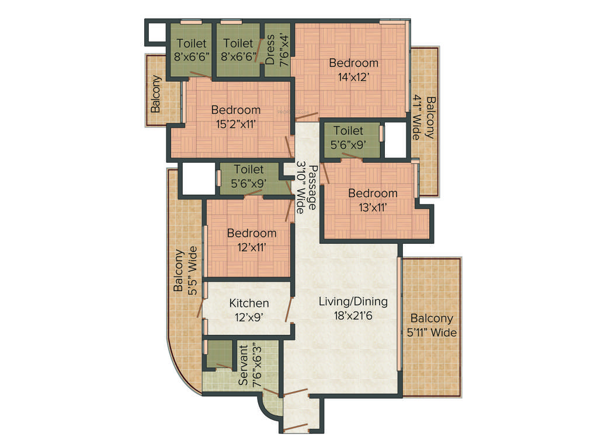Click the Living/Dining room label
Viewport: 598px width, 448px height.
point(353,302)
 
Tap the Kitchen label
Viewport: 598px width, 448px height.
point(249,303)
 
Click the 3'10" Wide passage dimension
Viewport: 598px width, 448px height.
point(301,188)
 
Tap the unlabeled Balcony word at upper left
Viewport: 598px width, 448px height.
point(156,94)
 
